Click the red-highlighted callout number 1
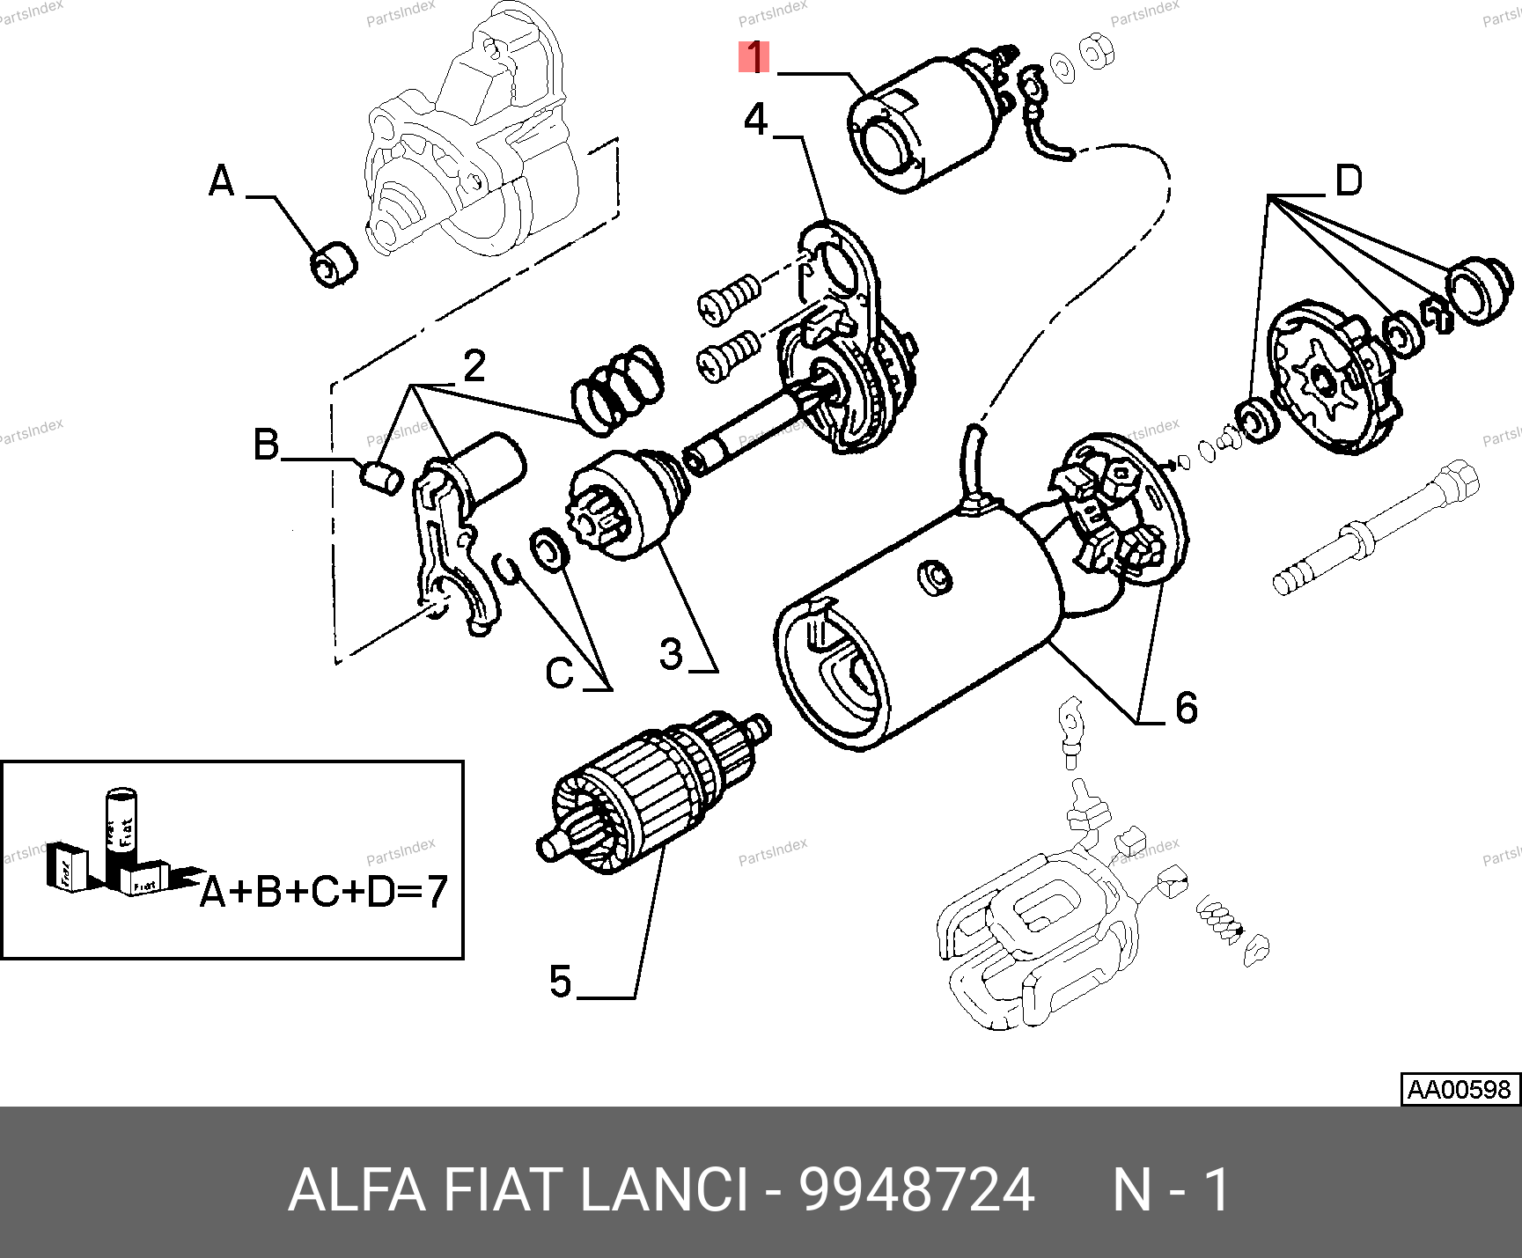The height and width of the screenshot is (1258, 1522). (754, 58)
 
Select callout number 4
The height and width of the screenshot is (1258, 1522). (756, 119)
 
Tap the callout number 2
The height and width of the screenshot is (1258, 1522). (474, 366)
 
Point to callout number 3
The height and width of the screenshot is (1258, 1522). (671, 654)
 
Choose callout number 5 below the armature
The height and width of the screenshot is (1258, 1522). (561, 981)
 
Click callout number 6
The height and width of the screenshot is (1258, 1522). (1186, 707)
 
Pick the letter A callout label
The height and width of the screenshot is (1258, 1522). (222, 181)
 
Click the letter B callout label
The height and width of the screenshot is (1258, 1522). (266, 445)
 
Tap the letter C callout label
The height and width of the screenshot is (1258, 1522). (560, 674)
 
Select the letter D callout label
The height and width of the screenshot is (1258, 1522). (1349, 180)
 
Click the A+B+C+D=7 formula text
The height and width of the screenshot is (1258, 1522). (324, 893)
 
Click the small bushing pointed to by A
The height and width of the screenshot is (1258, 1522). (334, 262)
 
